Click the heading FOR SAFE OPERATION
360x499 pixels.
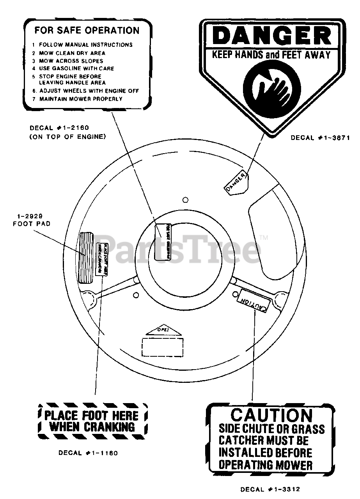pos(87,30)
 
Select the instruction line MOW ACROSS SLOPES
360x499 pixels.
pos(71,61)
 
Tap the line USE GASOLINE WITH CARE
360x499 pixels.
pos(76,69)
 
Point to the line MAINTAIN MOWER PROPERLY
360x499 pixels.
pos(81,99)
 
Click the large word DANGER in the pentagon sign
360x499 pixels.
pos(272,36)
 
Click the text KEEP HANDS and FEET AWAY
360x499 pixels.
pos(271,55)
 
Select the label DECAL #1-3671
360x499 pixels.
pos(320,138)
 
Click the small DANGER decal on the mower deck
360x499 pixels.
pos(237,182)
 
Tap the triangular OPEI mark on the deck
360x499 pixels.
pos(164,331)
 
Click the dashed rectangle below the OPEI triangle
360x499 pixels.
pos(162,347)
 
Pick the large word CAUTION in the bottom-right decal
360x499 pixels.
pos(271,416)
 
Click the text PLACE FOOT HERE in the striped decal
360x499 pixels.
pos(92,416)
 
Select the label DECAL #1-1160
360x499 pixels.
pos(88,453)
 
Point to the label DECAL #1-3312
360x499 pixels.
pos(270,489)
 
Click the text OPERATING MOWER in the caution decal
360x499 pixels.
pos(265,465)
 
